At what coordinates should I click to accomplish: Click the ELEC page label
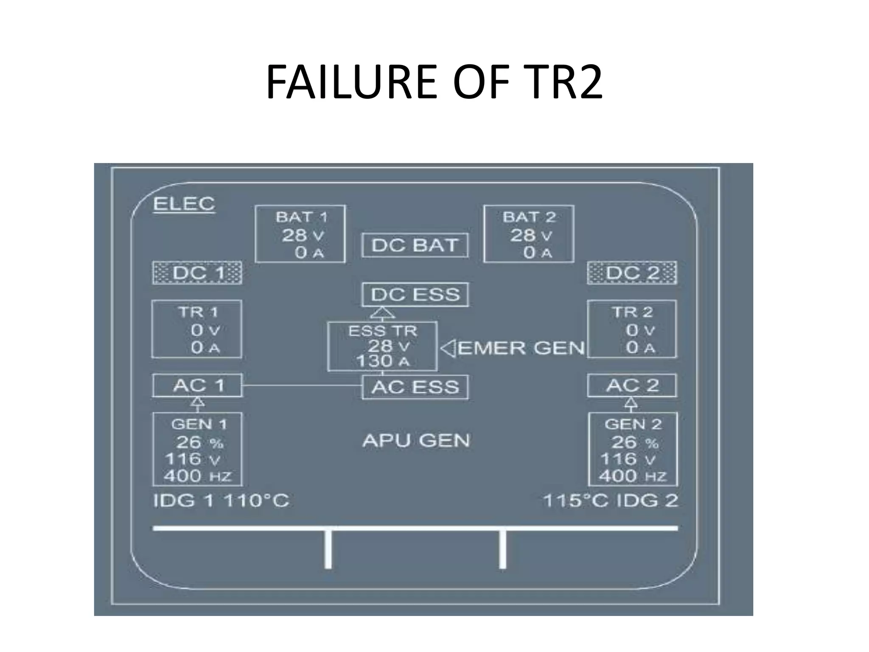[184, 204]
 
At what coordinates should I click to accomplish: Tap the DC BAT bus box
[415, 245]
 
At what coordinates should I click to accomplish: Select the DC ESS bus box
[415, 295]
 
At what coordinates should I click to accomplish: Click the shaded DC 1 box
[197, 273]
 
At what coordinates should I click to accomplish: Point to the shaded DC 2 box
[632, 273]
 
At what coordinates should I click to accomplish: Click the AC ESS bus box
[415, 387]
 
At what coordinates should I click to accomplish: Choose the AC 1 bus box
[197, 385]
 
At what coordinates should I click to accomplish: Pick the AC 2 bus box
[632, 385]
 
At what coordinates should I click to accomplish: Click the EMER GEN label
[521, 348]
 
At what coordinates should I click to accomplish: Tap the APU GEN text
[416, 441]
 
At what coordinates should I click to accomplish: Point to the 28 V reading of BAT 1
[303, 235]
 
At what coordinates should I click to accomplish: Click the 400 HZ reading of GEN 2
[632, 476]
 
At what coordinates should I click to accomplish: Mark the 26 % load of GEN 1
[199, 443]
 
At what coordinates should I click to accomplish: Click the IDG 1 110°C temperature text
[221, 501]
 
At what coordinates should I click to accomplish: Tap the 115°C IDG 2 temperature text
[610, 501]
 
